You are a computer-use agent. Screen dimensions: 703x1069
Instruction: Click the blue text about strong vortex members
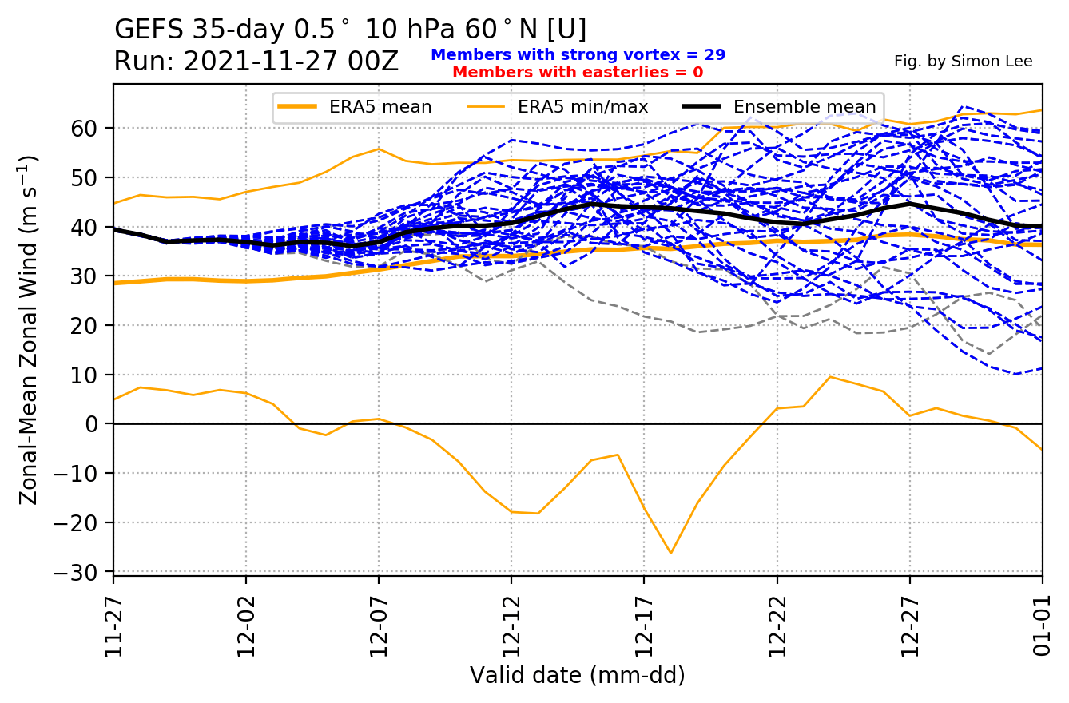click(578, 55)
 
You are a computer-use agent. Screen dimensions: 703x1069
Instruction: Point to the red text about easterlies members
click(578, 73)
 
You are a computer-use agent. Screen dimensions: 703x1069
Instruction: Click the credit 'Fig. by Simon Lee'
click(963, 62)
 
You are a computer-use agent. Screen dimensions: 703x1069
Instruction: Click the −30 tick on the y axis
click(86, 572)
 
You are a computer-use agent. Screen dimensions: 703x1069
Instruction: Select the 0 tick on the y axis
click(100, 424)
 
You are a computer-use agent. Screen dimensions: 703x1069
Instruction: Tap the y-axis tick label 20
click(94, 325)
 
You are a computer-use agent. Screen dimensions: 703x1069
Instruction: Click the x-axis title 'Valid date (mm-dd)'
click(578, 676)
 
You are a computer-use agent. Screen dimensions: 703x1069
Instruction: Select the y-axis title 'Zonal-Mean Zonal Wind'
click(29, 329)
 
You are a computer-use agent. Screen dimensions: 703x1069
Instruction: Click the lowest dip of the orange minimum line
click(670, 553)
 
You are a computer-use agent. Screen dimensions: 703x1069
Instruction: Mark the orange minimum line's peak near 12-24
click(830, 377)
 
